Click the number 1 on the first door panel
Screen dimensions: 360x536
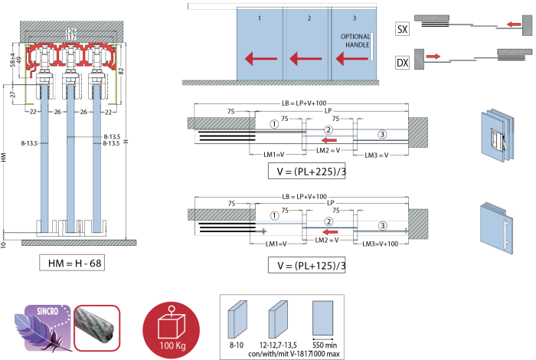[x=260, y=18]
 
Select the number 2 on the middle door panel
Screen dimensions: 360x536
[x=309, y=18]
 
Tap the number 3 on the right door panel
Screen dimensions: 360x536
[x=354, y=18]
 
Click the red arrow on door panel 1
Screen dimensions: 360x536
[x=260, y=58]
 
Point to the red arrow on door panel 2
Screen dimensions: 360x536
[x=305, y=58]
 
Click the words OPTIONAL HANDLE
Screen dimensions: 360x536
[x=355, y=41]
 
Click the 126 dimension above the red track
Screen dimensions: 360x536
[x=71, y=31]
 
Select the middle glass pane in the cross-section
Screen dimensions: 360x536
[x=71, y=157]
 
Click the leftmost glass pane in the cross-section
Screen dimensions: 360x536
[x=44, y=157]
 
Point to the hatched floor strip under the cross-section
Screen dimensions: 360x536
[x=79, y=243]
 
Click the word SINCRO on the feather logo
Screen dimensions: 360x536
[x=48, y=313]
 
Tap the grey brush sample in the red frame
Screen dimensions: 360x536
[x=96, y=328]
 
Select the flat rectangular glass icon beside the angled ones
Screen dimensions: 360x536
[x=323, y=318]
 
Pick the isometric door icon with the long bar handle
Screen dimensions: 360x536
[x=497, y=228]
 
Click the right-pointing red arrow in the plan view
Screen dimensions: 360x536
[x=433, y=56]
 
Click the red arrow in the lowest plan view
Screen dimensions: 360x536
[x=330, y=231]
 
